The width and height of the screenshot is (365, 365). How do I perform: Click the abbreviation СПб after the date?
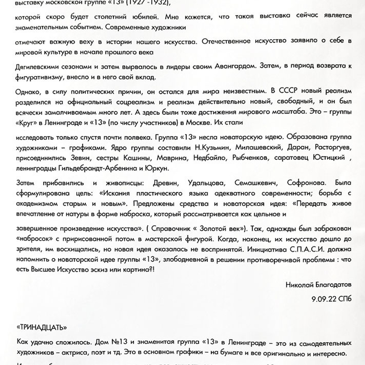[345, 299]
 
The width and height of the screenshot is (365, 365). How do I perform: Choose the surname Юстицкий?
[329, 158]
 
